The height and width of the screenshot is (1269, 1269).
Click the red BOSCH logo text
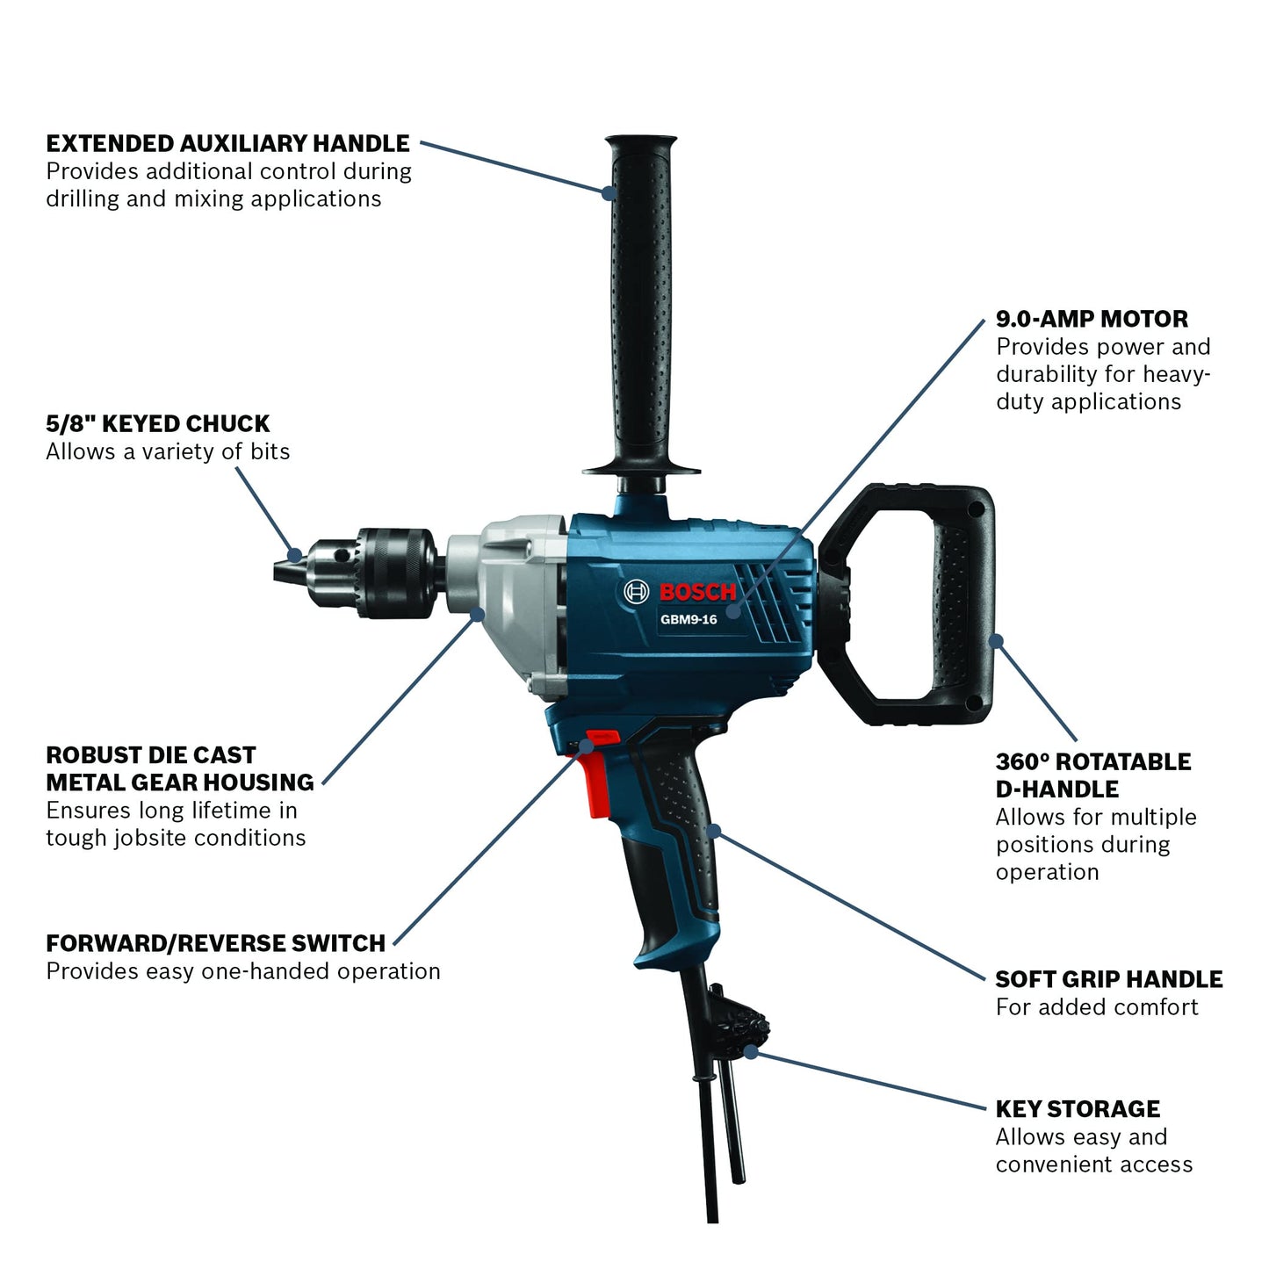tap(697, 592)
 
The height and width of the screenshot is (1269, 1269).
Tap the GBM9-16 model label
tap(689, 620)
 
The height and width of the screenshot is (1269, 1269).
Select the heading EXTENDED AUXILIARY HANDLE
tap(227, 143)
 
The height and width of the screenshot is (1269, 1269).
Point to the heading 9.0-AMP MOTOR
tap(1092, 319)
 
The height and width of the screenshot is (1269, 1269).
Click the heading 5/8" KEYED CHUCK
tap(158, 423)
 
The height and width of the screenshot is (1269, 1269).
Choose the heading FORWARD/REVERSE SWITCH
tap(215, 944)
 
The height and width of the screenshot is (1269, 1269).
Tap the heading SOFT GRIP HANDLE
tap(1109, 979)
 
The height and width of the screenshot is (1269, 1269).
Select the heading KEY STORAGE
tap(1078, 1109)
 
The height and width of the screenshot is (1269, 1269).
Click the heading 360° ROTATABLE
tap(1093, 762)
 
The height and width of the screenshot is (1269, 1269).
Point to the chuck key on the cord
tap(734, 1067)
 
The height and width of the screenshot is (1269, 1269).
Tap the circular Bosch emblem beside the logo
tap(636, 591)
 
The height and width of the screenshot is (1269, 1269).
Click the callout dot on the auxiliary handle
tap(609, 193)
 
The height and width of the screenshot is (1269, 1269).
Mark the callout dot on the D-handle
tap(997, 641)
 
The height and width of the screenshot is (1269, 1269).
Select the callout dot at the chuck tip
tap(296, 554)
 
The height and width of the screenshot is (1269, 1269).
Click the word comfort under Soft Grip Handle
tap(1147, 1007)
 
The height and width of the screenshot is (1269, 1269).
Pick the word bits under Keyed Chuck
tap(270, 451)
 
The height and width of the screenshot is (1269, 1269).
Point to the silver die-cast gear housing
tap(507, 606)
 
